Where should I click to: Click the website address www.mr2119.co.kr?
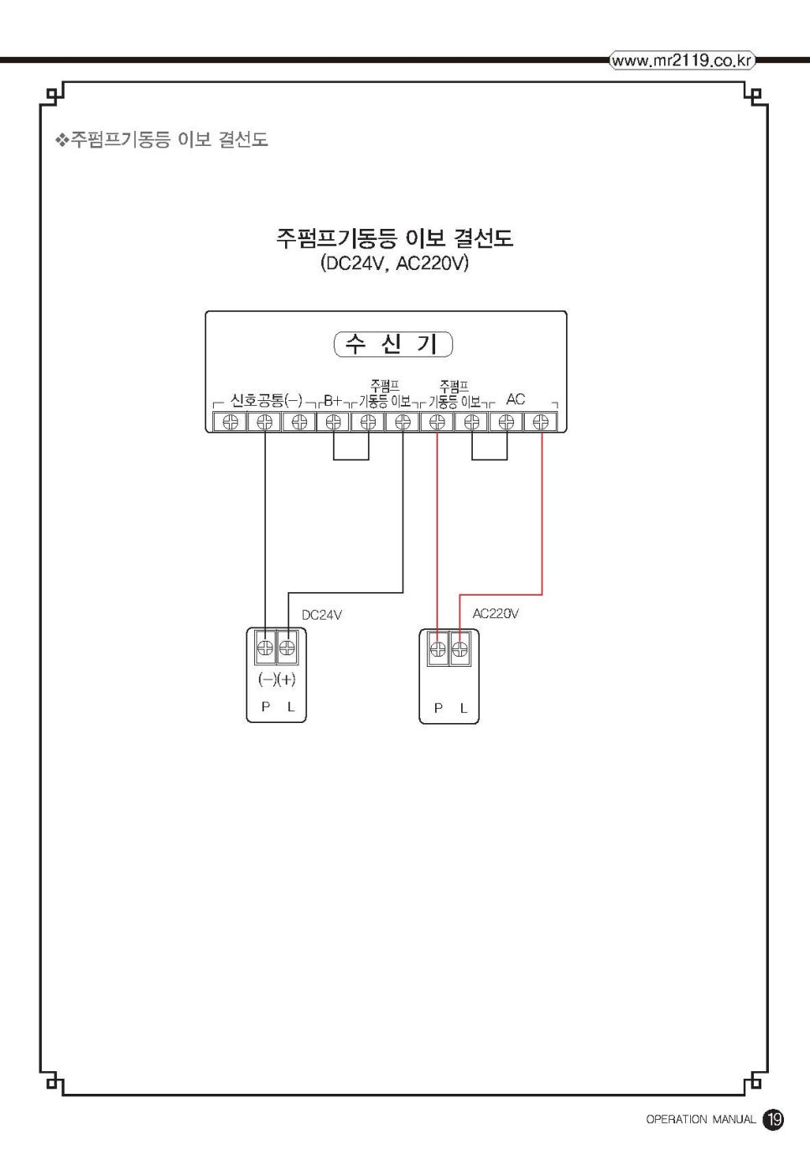point(682,60)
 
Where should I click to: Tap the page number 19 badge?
point(773,1119)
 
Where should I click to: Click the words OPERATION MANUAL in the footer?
point(700,1120)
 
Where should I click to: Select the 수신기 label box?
point(392,344)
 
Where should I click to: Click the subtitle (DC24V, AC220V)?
point(394,263)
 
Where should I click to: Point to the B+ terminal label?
point(333,400)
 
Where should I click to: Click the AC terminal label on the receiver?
point(516,399)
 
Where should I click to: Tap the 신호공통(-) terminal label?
point(266,400)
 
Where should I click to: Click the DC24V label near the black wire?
point(322,615)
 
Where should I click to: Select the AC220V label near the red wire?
point(496,613)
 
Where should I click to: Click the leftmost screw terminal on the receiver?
point(230,422)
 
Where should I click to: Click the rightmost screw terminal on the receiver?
point(541,422)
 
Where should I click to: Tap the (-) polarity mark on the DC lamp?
point(267,679)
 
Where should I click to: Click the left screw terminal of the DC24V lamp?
point(265,648)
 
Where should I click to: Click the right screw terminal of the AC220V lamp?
point(460,648)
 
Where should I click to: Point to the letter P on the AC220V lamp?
point(438,709)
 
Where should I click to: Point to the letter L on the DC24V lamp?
point(291,707)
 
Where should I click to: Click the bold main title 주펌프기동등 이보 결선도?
point(394,238)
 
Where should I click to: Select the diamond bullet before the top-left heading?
point(61,140)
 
